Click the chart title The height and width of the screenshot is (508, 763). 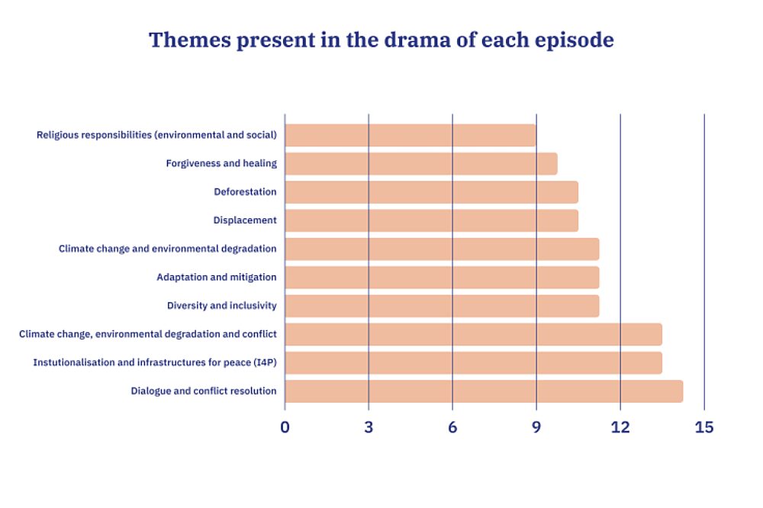point(381,40)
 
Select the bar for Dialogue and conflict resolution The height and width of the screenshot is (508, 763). point(485,391)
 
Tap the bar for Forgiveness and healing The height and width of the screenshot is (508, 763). point(421,163)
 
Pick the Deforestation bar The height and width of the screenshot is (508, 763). point(432,192)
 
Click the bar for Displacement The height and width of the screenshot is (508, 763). point(432,220)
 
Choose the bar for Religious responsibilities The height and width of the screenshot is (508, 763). point(410,135)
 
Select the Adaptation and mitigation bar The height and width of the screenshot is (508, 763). point(443,278)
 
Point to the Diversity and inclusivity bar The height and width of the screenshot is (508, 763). point(443,306)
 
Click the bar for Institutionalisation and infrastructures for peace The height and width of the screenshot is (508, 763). point(474,362)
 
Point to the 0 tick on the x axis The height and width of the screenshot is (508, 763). point(285,427)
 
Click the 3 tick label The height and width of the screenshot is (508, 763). point(369,427)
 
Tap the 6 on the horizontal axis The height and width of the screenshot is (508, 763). point(452,427)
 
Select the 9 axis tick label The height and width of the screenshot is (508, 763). point(536,427)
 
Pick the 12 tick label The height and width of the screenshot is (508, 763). point(620,427)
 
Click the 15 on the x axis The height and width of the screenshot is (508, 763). point(704,427)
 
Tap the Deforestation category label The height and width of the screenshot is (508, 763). point(245,191)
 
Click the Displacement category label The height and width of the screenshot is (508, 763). point(245,220)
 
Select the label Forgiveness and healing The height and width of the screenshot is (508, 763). point(221,163)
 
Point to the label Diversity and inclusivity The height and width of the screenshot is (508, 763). point(222,306)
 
